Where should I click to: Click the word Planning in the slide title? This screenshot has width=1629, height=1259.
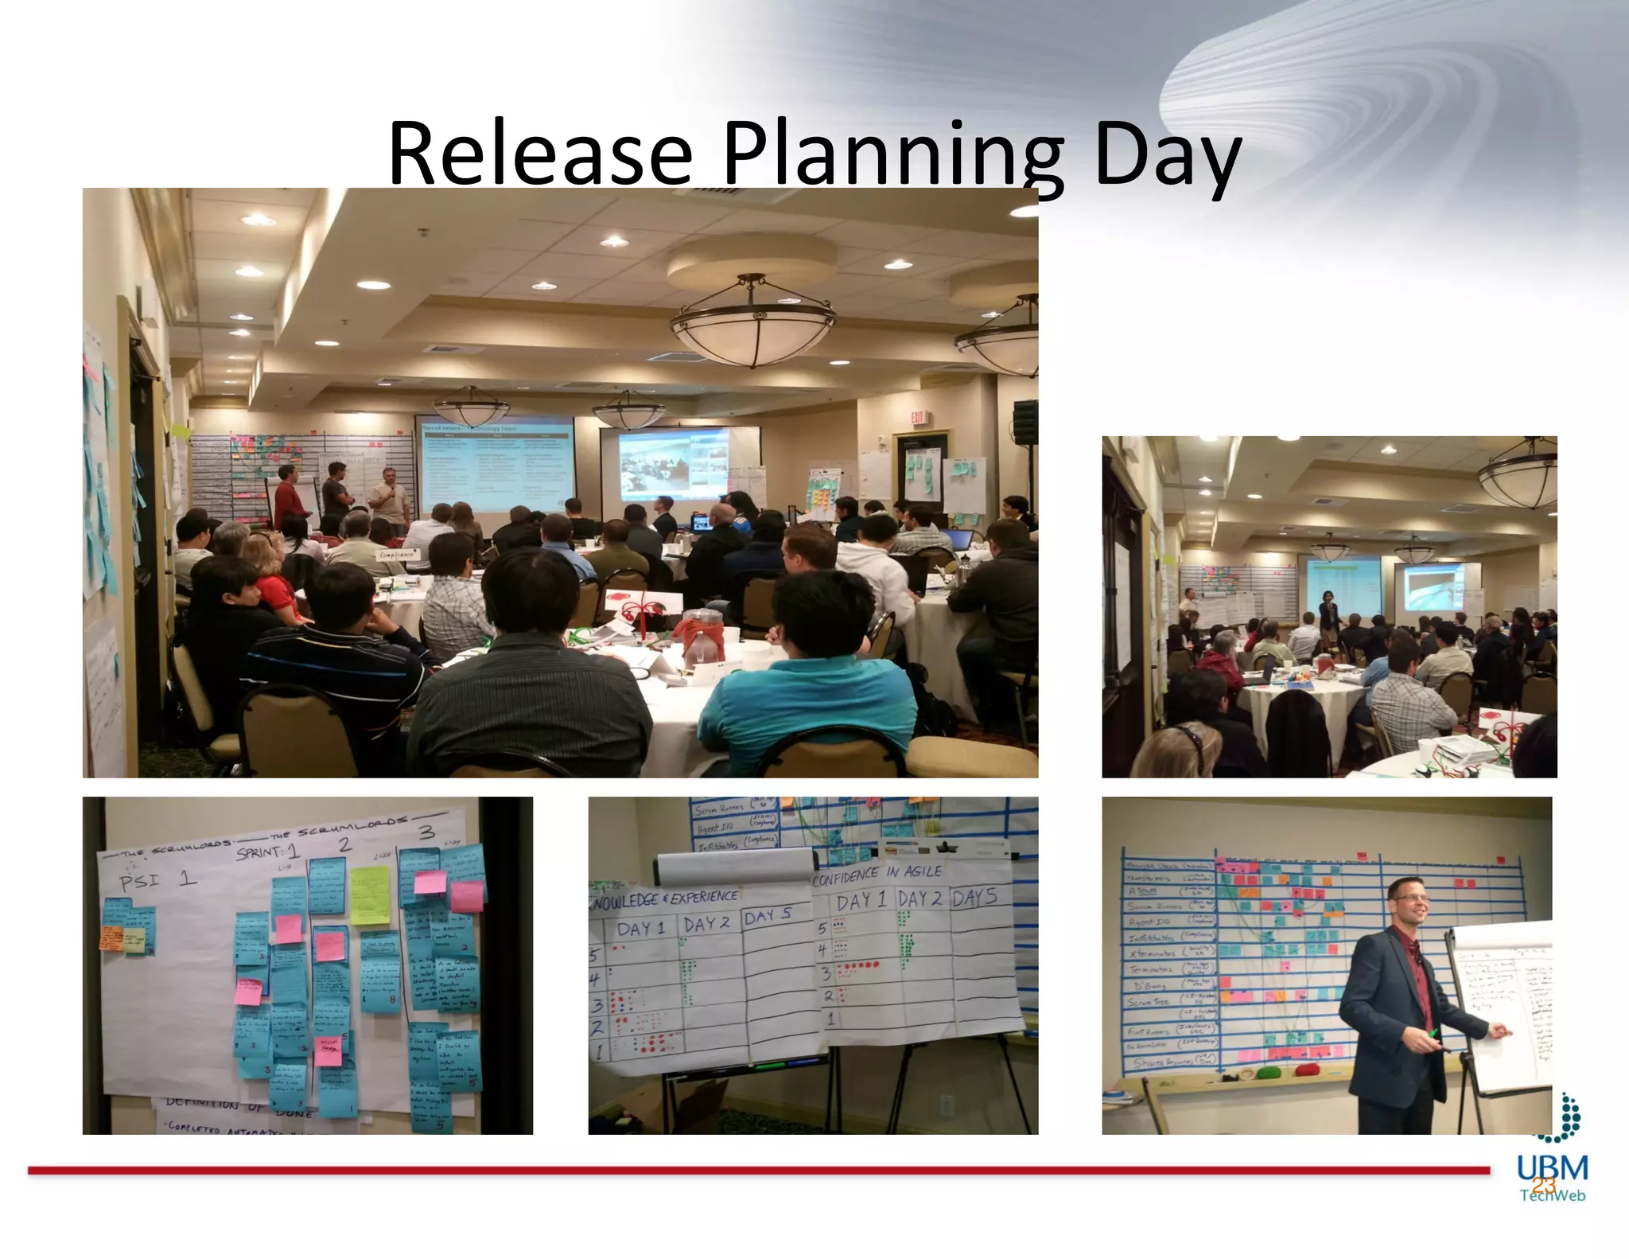point(892,155)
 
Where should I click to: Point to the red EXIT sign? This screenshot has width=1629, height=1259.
point(918,417)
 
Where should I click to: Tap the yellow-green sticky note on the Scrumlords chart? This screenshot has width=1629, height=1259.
point(370,895)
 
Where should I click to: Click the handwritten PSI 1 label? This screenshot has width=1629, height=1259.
point(157,879)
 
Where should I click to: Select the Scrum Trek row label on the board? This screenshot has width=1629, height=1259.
point(1149,1002)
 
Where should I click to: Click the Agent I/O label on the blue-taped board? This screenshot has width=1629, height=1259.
point(1149,921)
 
